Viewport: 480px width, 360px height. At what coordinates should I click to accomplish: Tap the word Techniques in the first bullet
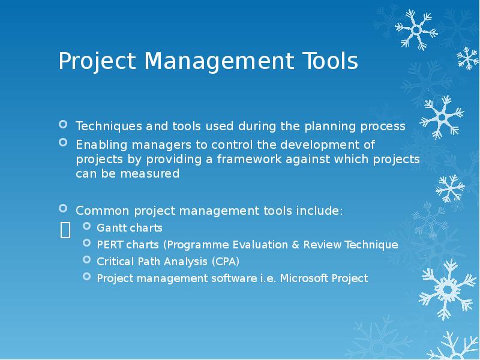[100, 127]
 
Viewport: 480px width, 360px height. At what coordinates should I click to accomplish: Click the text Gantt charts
[130, 228]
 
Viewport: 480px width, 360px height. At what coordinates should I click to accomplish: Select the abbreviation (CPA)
[223, 262]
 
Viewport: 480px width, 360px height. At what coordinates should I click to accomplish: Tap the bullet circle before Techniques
[64, 125]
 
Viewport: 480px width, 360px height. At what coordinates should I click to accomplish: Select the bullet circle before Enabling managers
[64, 143]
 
